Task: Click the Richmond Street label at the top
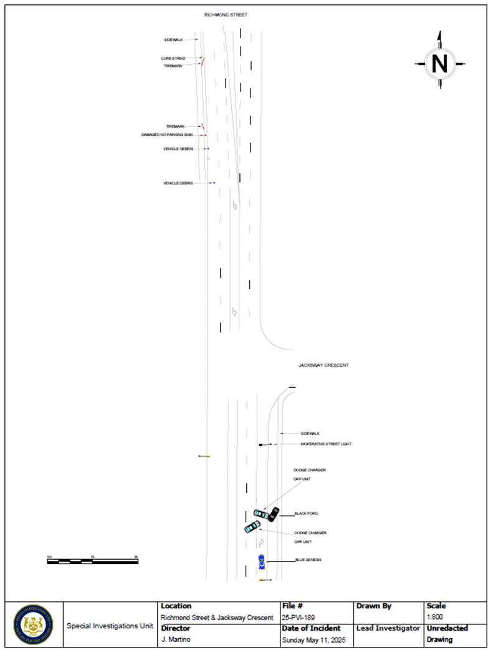[226, 14]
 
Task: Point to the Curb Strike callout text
[173, 59]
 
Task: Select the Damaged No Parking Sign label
[166, 134]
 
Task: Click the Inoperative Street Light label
[326, 444]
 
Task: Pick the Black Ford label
[306, 514]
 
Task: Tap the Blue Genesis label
[308, 560]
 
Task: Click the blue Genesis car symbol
[262, 561]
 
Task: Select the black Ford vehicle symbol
[274, 514]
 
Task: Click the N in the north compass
[440, 63]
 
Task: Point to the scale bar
[92, 561]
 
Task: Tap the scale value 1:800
[434, 618]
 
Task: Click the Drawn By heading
[373, 606]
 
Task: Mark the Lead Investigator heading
[388, 628]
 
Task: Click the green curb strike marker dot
[203, 59]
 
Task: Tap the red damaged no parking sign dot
[205, 134]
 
